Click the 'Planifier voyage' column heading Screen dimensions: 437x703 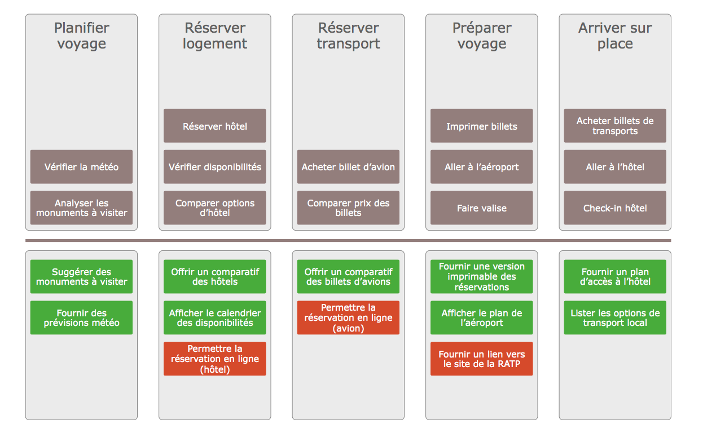pyautogui.click(x=82, y=36)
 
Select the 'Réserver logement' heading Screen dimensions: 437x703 pyautogui.click(x=215, y=36)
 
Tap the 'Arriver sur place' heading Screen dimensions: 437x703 pyautogui.click(x=615, y=36)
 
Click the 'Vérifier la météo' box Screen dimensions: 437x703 pyautogui.click(x=81, y=167)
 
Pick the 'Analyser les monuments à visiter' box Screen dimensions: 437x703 pyautogui.click(x=81, y=208)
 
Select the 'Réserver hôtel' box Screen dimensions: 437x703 pyautogui.click(x=215, y=126)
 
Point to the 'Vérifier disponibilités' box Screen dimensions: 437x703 pyautogui.click(x=215, y=167)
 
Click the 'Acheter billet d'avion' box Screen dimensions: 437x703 pyautogui.click(x=348, y=167)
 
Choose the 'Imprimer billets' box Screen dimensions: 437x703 pyautogui.click(x=481, y=126)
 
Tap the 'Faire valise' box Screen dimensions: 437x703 pyautogui.click(x=481, y=208)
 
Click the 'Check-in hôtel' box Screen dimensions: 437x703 pyautogui.click(x=615, y=208)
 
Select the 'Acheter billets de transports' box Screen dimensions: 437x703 pyautogui.click(x=615, y=126)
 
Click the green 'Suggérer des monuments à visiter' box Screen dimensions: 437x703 pyautogui.click(x=81, y=276)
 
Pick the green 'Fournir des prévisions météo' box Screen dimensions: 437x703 pyautogui.click(x=81, y=317)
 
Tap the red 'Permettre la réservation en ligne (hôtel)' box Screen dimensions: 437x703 pyautogui.click(x=215, y=359)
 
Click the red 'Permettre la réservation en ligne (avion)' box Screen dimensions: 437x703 pyautogui.click(x=348, y=317)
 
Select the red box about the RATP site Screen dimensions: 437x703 pyautogui.click(x=481, y=359)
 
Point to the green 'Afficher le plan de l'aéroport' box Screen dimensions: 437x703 pyautogui.click(x=481, y=317)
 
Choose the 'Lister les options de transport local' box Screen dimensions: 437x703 pyautogui.click(x=615, y=317)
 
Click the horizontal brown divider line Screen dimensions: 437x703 pyautogui.click(x=348, y=241)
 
